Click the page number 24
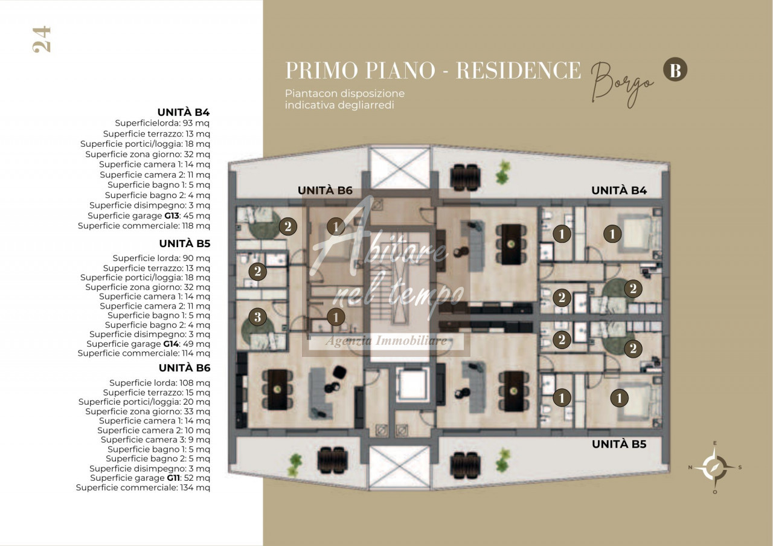pyautogui.click(x=42, y=39)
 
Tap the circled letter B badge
pyautogui.click(x=675, y=69)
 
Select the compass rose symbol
pyautogui.click(x=714, y=467)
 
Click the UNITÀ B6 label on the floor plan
pyautogui.click(x=325, y=190)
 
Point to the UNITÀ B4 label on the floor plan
pyautogui.click(x=619, y=190)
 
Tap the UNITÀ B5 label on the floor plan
pyautogui.click(x=619, y=444)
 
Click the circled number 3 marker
pyautogui.click(x=257, y=317)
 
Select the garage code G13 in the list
pyautogui.click(x=172, y=216)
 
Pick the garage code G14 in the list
pyautogui.click(x=171, y=344)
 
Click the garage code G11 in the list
pyautogui.click(x=173, y=478)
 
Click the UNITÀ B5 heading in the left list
pyautogui.click(x=185, y=243)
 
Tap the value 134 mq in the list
pyautogui.click(x=194, y=487)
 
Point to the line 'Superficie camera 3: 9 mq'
pyautogui.click(x=155, y=440)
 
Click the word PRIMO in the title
pyautogui.click(x=322, y=70)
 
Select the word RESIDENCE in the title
pyautogui.click(x=518, y=70)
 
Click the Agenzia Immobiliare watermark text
pyautogui.click(x=386, y=341)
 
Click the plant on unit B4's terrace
pyautogui.click(x=503, y=172)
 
